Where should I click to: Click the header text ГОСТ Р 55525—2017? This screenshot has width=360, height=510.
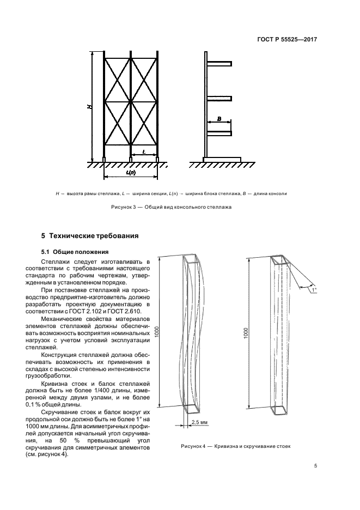[287, 39]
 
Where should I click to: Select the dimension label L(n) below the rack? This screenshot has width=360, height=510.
[131, 172]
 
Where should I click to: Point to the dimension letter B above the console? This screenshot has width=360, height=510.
[219, 119]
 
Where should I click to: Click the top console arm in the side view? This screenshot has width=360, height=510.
[219, 63]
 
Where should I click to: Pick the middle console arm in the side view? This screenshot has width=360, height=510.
[219, 98]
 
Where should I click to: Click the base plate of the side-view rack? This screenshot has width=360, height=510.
[222, 159]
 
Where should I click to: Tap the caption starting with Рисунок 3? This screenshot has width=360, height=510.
[172, 207]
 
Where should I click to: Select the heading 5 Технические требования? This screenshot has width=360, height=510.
[90, 236]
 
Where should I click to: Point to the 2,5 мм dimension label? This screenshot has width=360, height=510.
[199, 422]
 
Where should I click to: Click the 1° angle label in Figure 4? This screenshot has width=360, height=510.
[314, 289]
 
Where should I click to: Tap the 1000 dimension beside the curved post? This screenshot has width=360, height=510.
[157, 332]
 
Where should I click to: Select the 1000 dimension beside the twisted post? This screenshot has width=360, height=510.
[246, 333]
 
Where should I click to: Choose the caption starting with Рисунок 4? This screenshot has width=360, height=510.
[236, 446]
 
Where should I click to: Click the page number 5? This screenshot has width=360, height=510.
[315, 465]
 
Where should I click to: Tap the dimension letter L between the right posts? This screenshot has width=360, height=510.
[144, 151]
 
